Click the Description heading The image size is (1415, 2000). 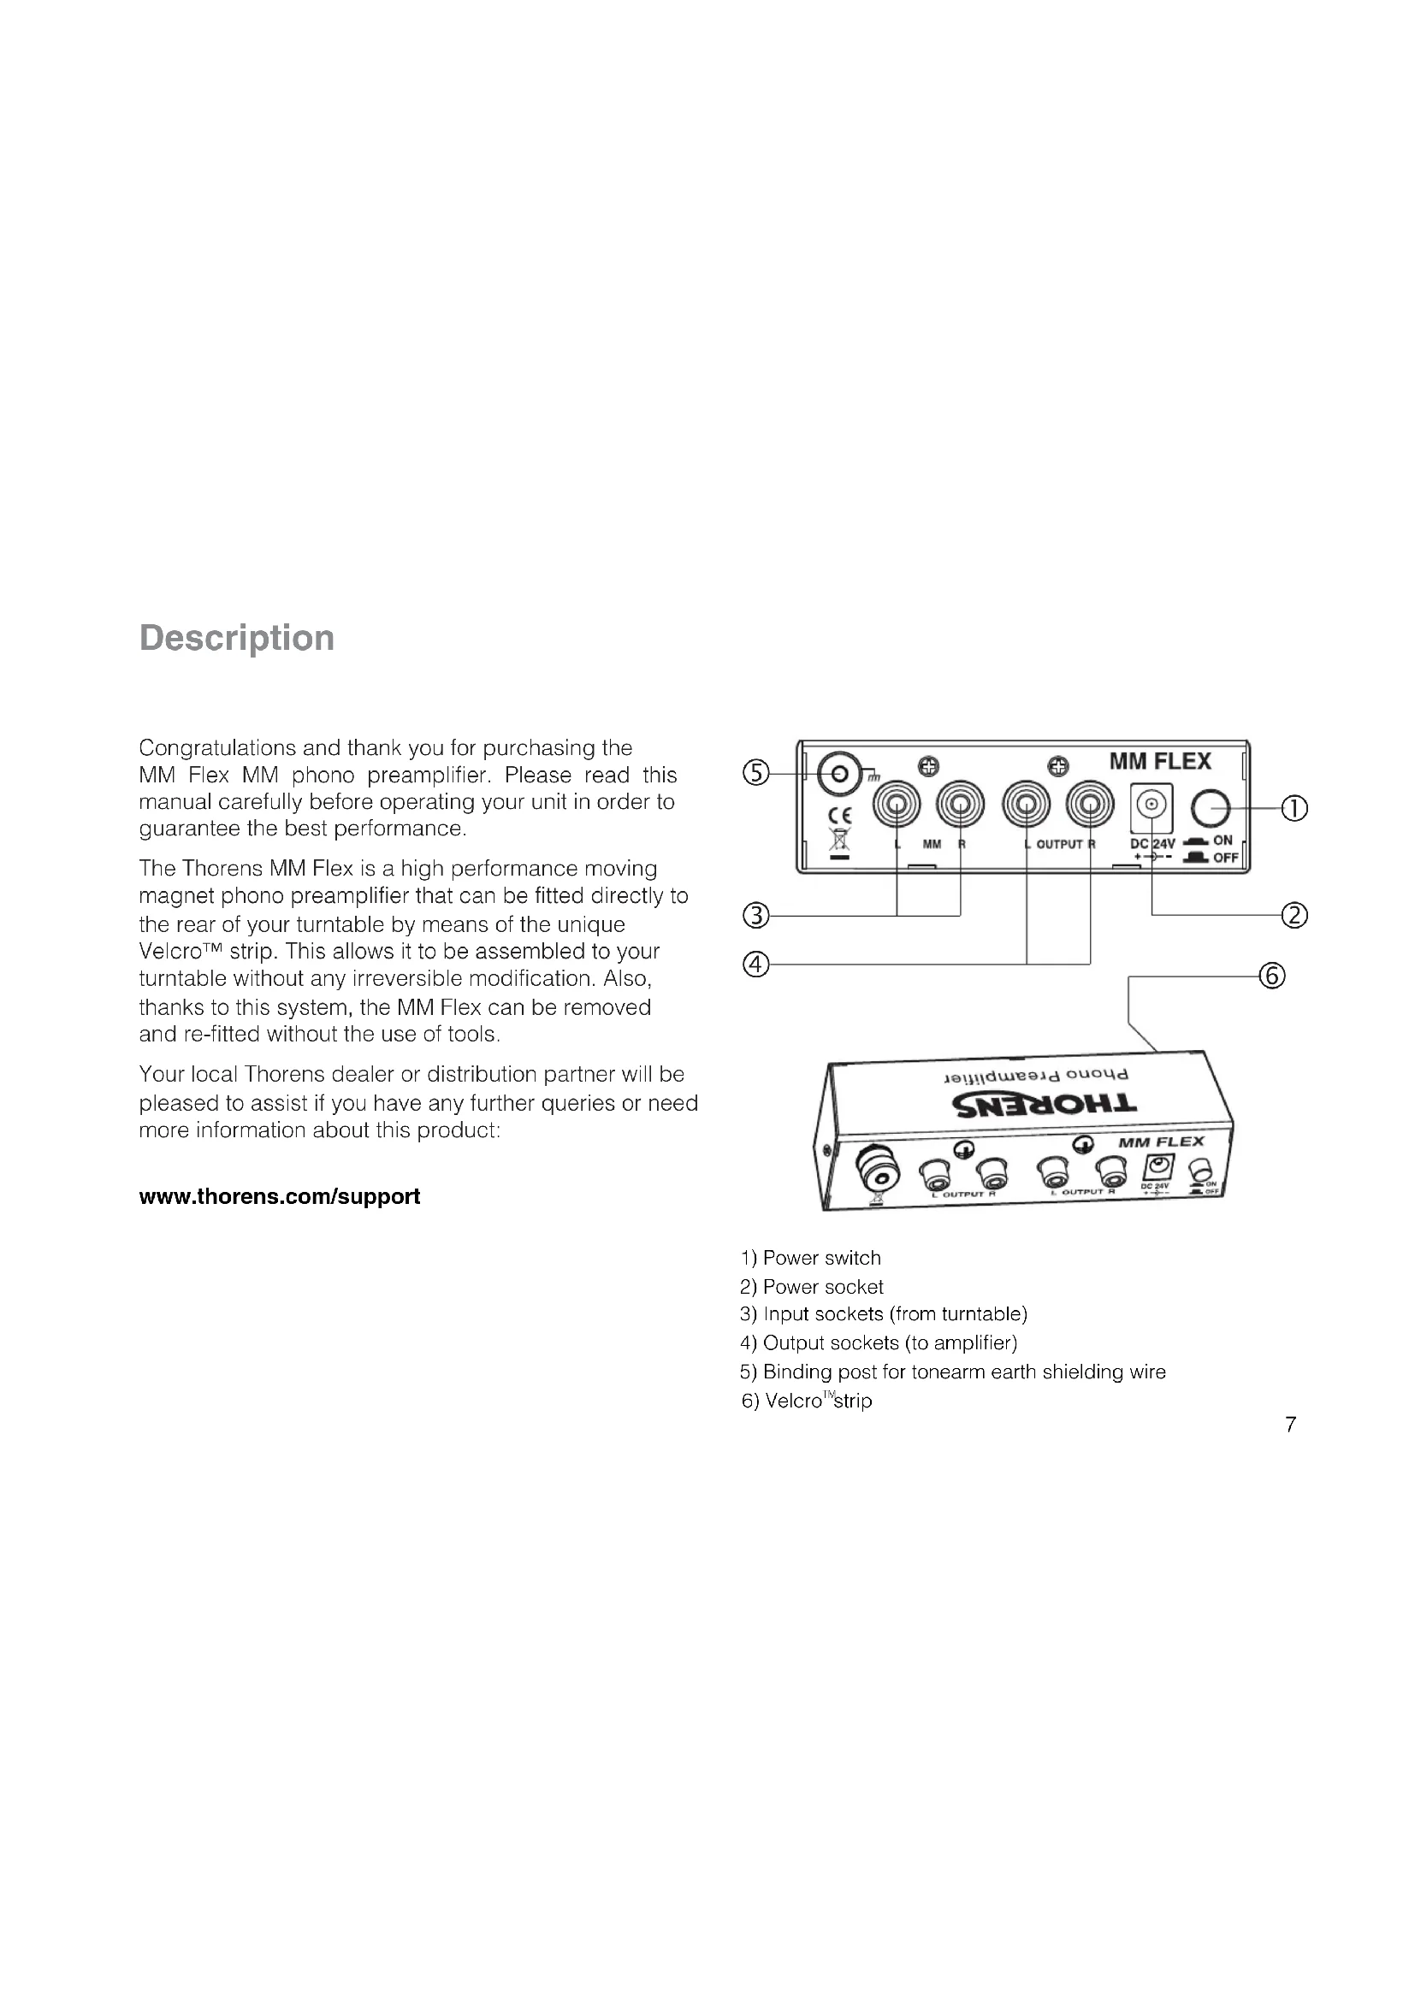click(236, 638)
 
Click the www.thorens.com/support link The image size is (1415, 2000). click(279, 1196)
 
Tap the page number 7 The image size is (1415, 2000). click(1290, 1425)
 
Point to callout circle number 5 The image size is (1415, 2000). click(755, 773)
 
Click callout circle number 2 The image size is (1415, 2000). click(1294, 916)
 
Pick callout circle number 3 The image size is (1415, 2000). click(755, 916)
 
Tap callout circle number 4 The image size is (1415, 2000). click(755, 965)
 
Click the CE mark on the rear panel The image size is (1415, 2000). click(840, 817)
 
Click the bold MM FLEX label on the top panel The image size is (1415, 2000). click(1160, 761)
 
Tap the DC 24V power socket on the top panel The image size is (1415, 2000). click(1151, 806)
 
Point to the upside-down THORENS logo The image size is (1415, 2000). click(1045, 1105)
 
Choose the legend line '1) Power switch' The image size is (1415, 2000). click(810, 1258)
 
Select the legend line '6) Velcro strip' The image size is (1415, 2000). click(807, 1401)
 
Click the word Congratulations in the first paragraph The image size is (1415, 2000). click(217, 747)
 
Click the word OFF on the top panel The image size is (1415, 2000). click(1225, 858)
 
